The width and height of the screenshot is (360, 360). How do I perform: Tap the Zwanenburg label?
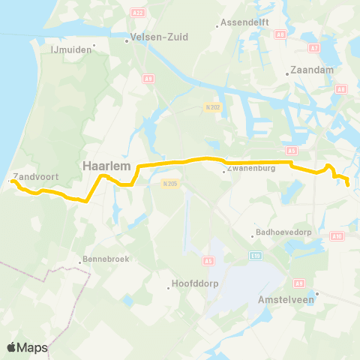[x=247, y=169]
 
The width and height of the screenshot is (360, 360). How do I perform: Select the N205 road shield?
[x=169, y=183]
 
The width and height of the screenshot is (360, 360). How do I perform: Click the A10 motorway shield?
[x=337, y=235]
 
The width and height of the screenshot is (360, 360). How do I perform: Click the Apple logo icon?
[x=12, y=347]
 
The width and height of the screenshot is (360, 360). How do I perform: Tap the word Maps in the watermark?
[x=34, y=348]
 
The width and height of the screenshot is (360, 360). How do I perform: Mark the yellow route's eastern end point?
[x=347, y=183]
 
